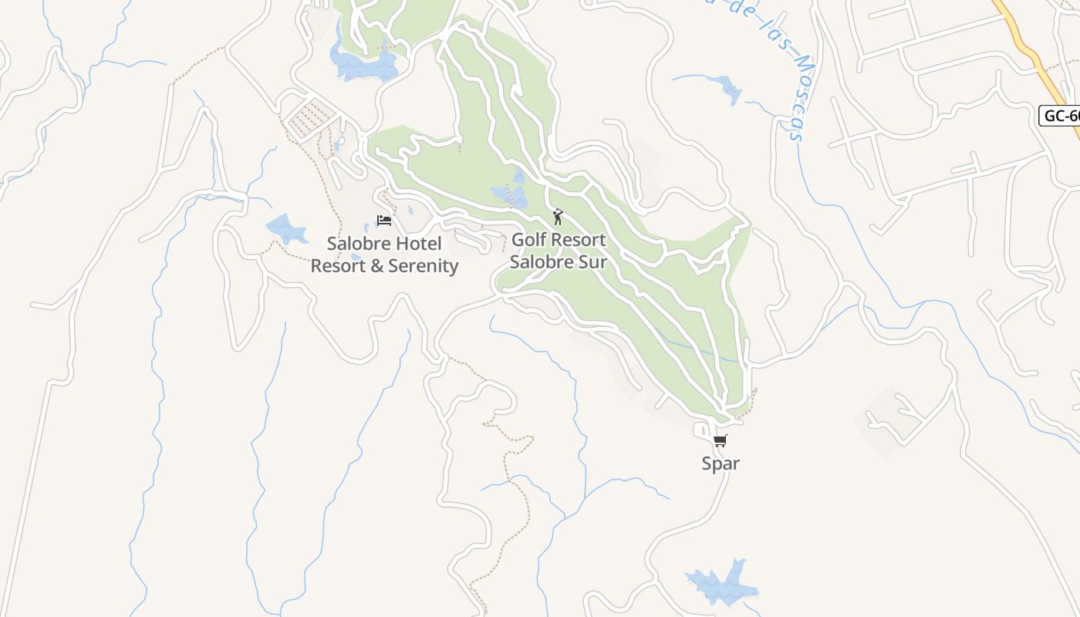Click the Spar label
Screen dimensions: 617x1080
(721, 464)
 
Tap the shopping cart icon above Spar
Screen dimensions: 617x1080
(720, 441)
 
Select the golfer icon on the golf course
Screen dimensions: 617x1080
(558, 217)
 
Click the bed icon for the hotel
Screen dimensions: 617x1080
(384, 221)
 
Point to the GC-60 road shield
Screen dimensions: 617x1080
(1061, 116)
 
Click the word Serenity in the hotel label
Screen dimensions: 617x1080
(423, 266)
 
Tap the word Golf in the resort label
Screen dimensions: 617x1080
(529, 240)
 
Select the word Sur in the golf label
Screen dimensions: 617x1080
(592, 261)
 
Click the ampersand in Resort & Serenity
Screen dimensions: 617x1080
(376, 266)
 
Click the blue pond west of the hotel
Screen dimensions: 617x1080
(285, 229)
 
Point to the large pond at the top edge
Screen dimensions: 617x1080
(363, 63)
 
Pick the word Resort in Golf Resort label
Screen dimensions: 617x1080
(579, 240)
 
